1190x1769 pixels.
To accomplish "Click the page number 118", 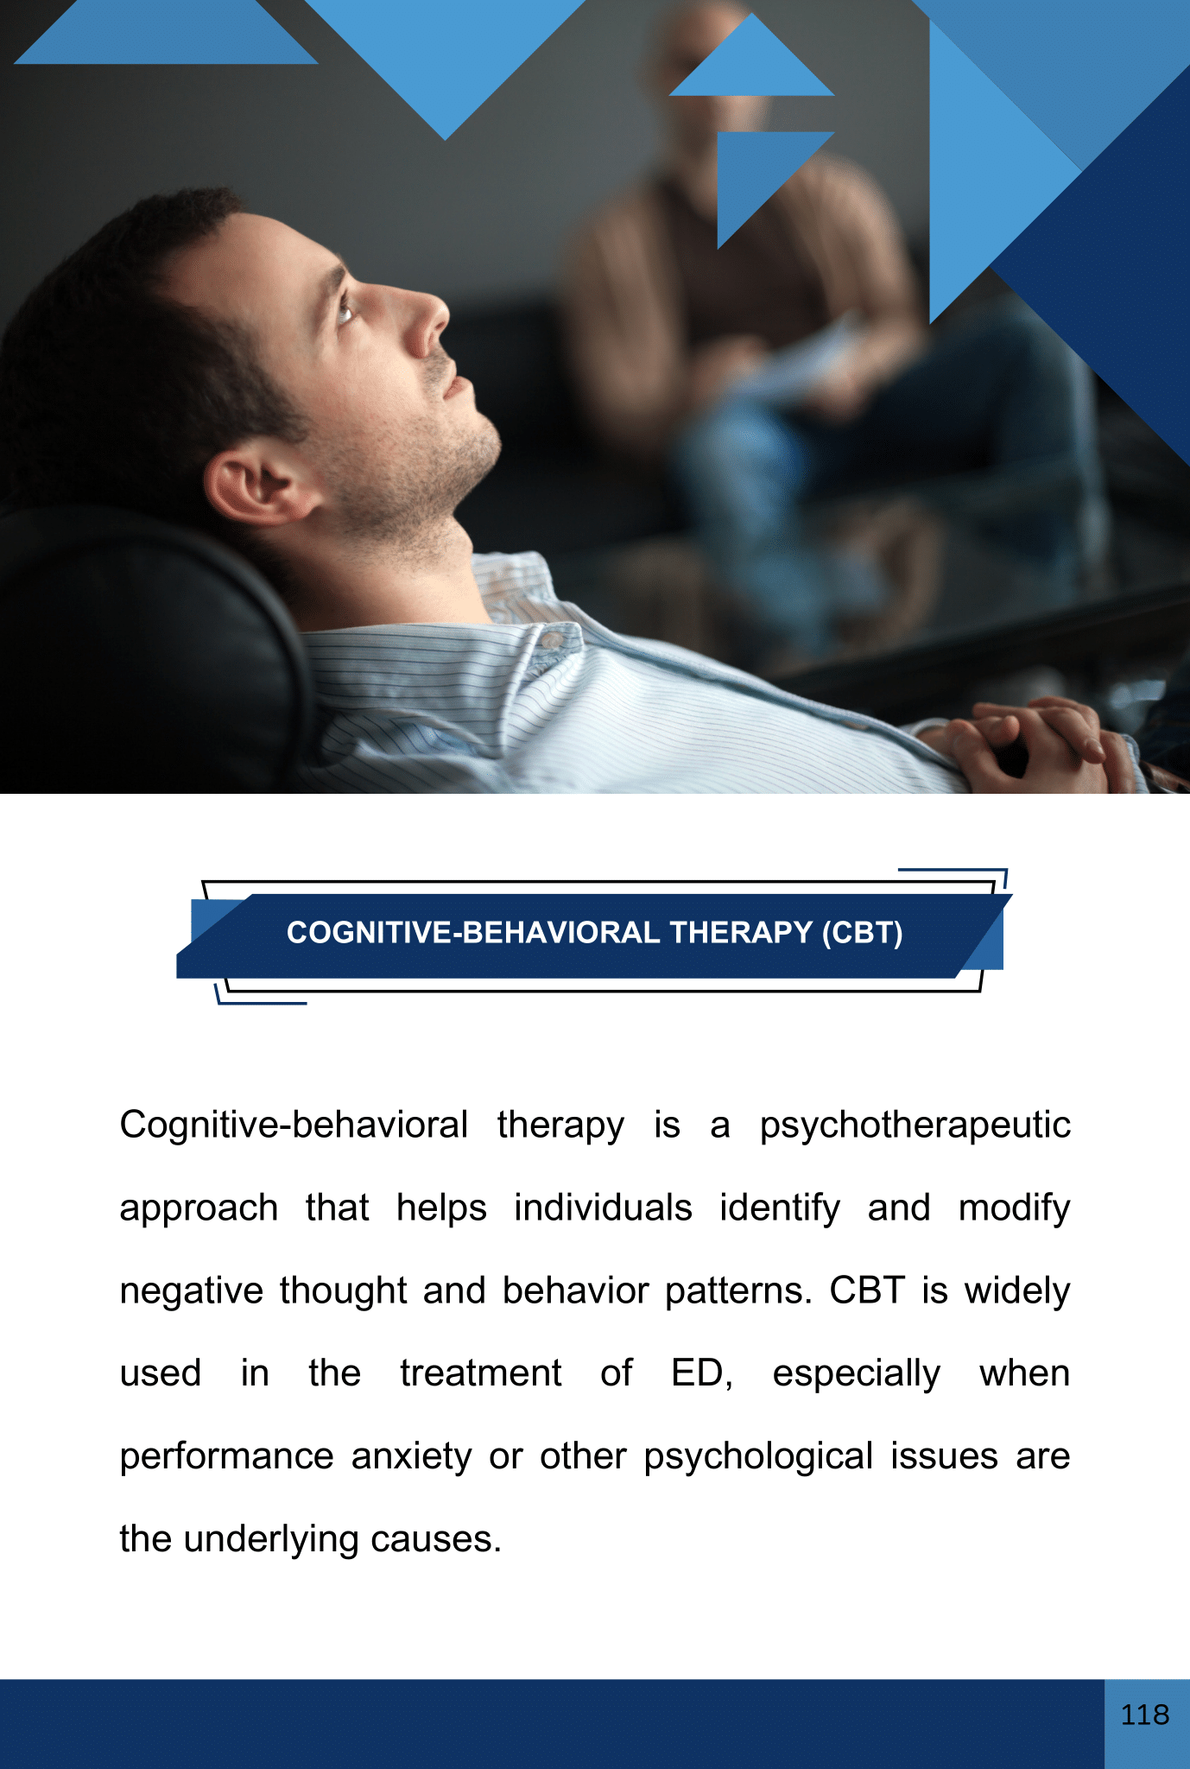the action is (1145, 1715).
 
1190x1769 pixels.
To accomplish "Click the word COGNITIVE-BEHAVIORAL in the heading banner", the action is (473, 933).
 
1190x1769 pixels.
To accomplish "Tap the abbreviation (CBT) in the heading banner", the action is (862, 933).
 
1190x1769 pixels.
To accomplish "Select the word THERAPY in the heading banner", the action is (741, 933).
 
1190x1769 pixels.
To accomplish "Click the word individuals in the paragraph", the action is (603, 1208).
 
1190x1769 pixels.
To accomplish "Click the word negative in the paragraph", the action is (192, 1291).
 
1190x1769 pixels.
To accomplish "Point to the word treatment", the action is (481, 1373).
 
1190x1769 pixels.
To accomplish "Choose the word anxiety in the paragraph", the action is (412, 1457).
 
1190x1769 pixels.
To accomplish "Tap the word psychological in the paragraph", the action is (759, 1457).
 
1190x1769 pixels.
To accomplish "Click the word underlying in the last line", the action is (271, 1540).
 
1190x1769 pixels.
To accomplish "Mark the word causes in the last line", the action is (432, 1540).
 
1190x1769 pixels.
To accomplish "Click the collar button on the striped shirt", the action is (549, 638).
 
